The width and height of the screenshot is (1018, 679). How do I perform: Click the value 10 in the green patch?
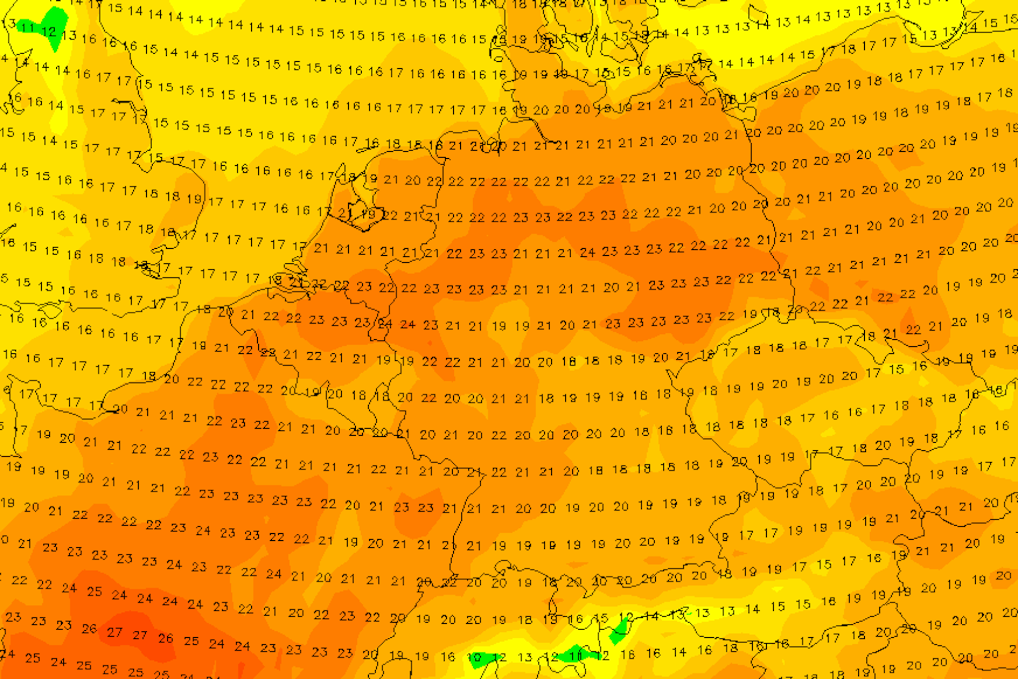(474, 658)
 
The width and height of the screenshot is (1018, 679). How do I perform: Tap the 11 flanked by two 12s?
(576, 656)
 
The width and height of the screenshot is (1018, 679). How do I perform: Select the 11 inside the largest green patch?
(28, 28)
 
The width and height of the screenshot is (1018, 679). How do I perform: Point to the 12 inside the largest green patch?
(49, 31)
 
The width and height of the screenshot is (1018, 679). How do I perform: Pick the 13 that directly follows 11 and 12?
(69, 36)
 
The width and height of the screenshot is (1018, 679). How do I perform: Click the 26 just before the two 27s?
(89, 629)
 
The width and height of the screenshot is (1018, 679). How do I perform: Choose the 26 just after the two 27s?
(165, 638)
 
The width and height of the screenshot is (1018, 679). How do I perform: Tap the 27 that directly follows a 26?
(114, 632)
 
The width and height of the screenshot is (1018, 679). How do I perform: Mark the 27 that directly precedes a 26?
(140, 635)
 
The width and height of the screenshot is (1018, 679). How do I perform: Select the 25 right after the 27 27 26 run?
(191, 641)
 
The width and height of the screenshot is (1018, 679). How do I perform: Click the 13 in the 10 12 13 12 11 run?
(525, 657)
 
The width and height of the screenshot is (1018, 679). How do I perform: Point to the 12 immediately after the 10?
(499, 658)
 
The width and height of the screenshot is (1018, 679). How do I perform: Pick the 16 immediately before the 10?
(447, 657)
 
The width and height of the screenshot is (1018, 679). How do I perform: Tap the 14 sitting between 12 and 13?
(651, 616)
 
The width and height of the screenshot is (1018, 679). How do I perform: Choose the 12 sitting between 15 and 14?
(626, 618)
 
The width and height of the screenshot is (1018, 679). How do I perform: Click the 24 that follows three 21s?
(588, 253)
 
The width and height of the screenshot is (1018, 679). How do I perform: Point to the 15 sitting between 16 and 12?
(601, 618)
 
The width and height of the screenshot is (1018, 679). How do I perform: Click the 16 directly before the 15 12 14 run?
(575, 619)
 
